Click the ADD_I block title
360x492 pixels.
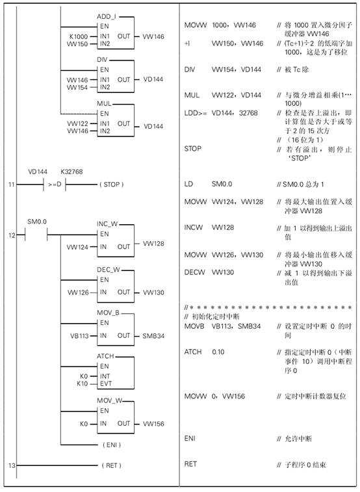tap(107, 16)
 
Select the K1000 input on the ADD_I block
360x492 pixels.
tap(79, 36)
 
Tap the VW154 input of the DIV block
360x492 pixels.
tap(77, 87)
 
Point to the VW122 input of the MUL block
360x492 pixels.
tap(77, 123)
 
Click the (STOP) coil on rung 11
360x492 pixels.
tap(111, 185)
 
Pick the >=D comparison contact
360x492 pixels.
tap(55, 185)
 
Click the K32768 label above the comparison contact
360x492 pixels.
tap(72, 172)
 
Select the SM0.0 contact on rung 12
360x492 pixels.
tap(36, 235)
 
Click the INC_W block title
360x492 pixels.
tap(107, 224)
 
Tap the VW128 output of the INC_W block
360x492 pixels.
tap(153, 244)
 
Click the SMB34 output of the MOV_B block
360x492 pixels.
tap(153, 336)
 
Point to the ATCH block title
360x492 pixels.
tap(105, 356)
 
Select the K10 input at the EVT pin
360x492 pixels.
tap(83, 383)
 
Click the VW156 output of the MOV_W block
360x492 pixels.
tap(153, 424)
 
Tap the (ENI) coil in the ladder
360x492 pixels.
tap(112, 445)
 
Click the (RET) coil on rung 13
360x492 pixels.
tap(111, 465)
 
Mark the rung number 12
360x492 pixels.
tap(12, 235)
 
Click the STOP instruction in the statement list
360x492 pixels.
tap(193, 148)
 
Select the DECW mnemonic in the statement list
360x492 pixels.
tap(194, 272)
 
